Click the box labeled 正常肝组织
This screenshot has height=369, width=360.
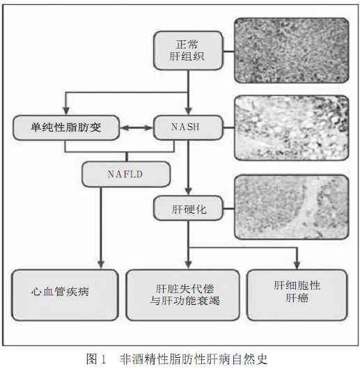(x=188, y=51)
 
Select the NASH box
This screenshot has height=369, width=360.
(x=188, y=127)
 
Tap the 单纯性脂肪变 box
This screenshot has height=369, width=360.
(x=66, y=127)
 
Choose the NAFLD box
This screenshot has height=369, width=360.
(x=126, y=174)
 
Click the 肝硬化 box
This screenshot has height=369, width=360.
(x=188, y=208)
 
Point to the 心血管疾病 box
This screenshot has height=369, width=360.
(x=65, y=295)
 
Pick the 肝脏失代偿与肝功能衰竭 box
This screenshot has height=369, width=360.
(x=183, y=295)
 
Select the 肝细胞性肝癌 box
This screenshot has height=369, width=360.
(x=297, y=295)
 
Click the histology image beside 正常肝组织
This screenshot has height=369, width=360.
(x=292, y=51)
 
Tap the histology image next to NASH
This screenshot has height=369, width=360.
(x=292, y=128)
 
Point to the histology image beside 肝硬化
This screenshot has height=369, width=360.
(x=292, y=207)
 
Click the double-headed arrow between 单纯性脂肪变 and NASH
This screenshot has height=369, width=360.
(x=136, y=128)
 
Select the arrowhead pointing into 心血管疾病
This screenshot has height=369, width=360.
(x=101, y=265)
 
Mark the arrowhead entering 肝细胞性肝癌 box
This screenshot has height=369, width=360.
(x=297, y=265)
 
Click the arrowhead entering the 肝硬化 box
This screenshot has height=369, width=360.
(x=188, y=191)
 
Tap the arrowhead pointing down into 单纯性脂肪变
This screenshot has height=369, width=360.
(x=66, y=111)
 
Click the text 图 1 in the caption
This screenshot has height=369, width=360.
(x=96, y=359)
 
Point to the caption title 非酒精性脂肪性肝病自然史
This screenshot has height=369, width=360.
(x=194, y=359)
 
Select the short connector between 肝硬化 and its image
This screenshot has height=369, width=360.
(x=228, y=208)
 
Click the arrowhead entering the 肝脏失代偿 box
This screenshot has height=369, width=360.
(x=188, y=265)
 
